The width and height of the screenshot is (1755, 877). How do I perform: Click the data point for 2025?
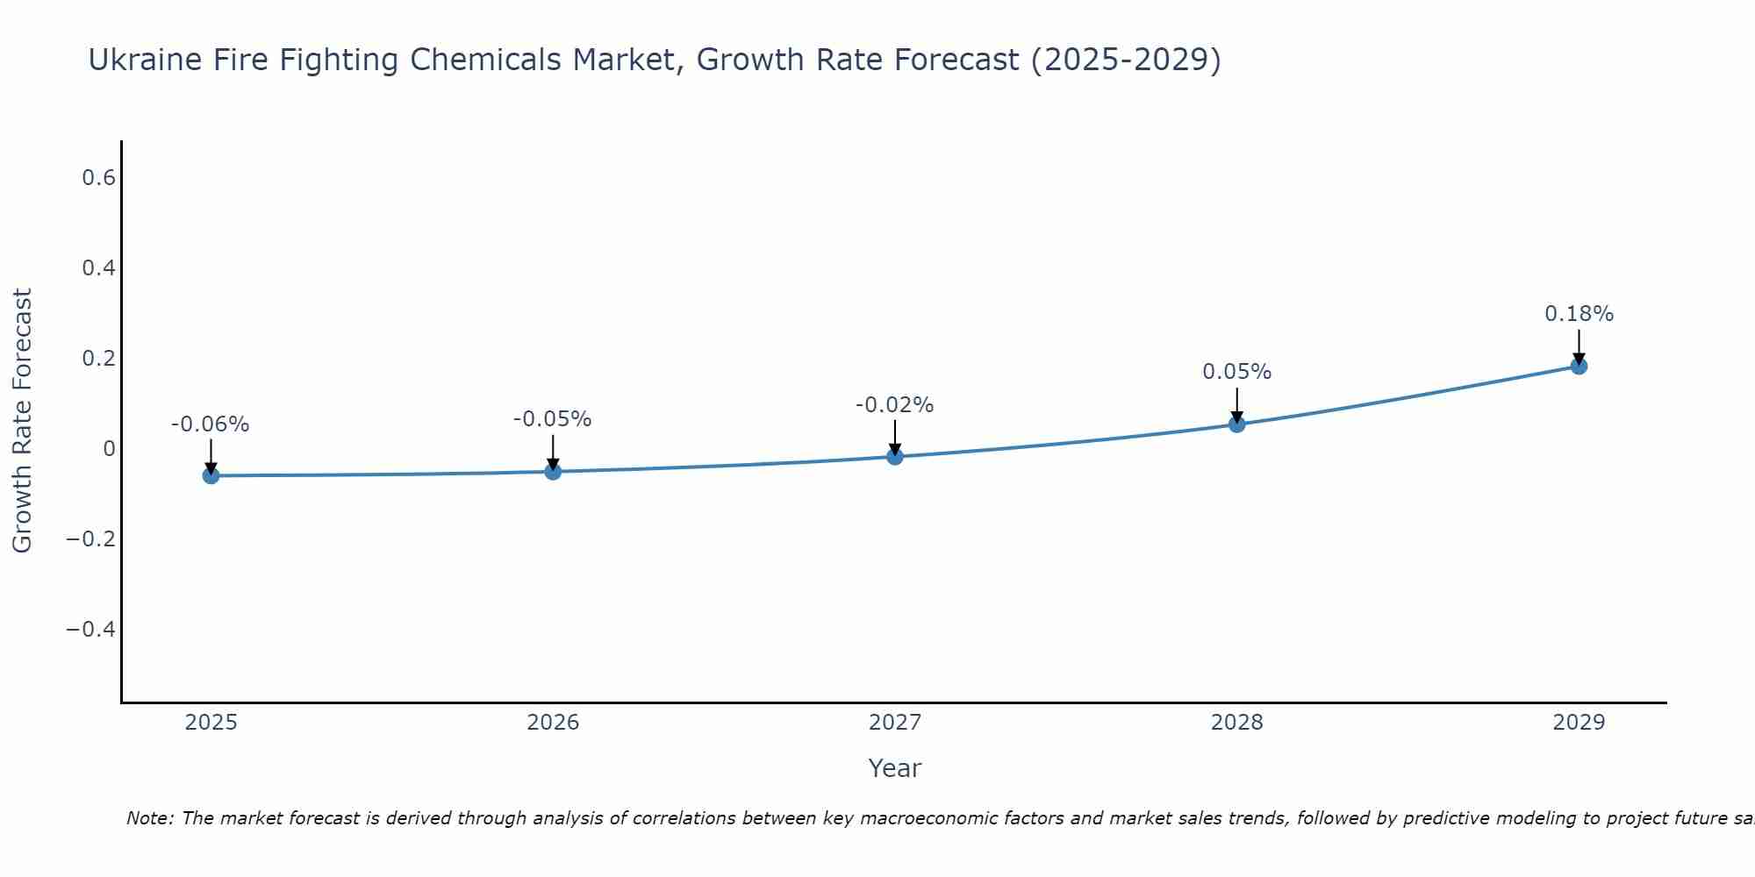pyautogui.click(x=211, y=475)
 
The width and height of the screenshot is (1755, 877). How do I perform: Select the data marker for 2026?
pyautogui.click(x=553, y=471)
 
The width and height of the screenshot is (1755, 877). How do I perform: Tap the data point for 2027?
pyautogui.click(x=895, y=456)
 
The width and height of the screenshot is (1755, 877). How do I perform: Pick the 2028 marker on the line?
pyautogui.click(x=1237, y=424)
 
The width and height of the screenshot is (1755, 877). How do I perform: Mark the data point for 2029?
pyautogui.click(x=1579, y=366)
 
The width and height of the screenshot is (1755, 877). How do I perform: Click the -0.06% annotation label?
pyautogui.click(x=211, y=424)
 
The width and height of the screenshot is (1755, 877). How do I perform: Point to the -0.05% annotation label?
pyautogui.click(x=553, y=419)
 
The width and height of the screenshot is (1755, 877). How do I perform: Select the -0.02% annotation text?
pyautogui.click(x=895, y=405)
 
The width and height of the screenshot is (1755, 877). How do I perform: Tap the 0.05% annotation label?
pyautogui.click(x=1237, y=372)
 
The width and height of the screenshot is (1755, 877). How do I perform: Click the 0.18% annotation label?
pyautogui.click(x=1579, y=314)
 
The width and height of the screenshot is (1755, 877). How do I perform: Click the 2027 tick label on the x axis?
pyautogui.click(x=895, y=723)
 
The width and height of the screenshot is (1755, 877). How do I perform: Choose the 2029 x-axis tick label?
pyautogui.click(x=1579, y=723)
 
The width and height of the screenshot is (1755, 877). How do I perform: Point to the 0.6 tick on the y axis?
pyautogui.click(x=98, y=178)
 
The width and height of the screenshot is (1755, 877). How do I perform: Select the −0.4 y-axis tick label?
pyautogui.click(x=90, y=630)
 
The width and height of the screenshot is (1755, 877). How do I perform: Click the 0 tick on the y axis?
pyautogui.click(x=109, y=449)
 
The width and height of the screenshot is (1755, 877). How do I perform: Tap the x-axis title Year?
pyautogui.click(x=895, y=768)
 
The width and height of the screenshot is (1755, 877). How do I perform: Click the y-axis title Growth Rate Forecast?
pyautogui.click(x=22, y=421)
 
